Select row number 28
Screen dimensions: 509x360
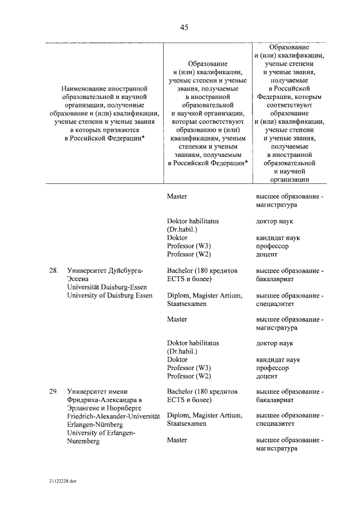click(53, 271)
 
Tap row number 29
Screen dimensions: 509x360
click(53, 391)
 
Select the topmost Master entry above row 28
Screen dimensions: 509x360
click(177, 197)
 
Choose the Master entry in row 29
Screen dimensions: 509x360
click(177, 440)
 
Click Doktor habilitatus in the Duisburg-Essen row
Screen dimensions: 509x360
click(193, 343)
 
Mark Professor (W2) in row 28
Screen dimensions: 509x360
click(188, 376)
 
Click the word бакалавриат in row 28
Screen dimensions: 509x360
click(274, 279)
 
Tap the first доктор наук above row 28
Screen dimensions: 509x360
click(274, 221)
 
